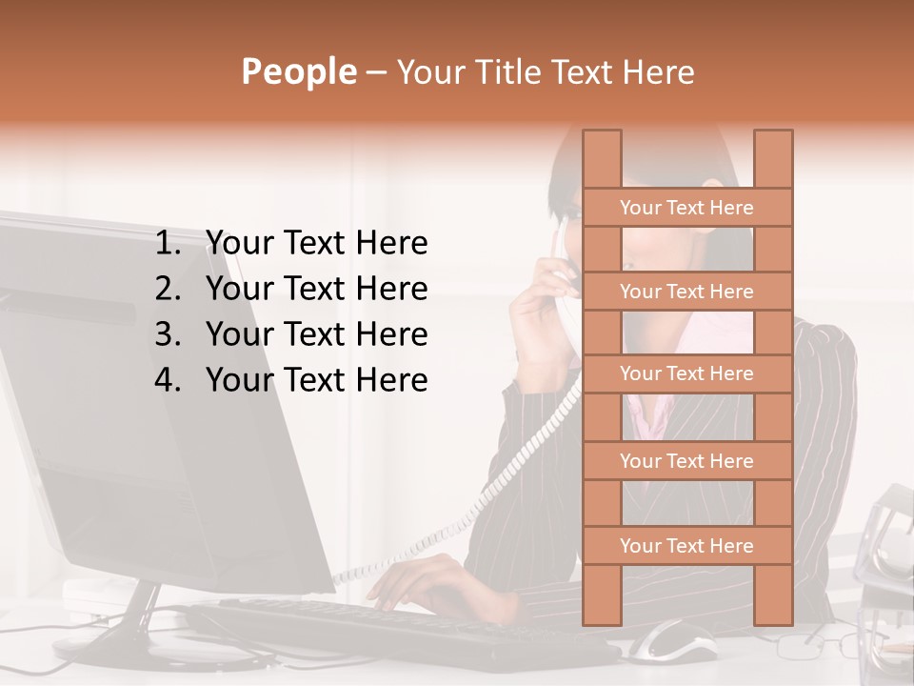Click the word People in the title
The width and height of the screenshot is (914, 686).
click(x=297, y=71)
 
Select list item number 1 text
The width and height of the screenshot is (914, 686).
click(x=316, y=244)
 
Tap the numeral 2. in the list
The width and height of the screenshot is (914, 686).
click(x=171, y=289)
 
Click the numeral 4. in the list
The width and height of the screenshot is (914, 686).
click(x=171, y=380)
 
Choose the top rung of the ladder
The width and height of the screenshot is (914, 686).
click(x=686, y=208)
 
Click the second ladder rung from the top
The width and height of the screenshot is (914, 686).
click(x=686, y=292)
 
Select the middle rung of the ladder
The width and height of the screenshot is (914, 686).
click(x=686, y=374)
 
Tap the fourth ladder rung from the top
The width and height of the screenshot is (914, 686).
click(x=686, y=461)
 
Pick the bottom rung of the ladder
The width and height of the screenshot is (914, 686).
click(x=686, y=546)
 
